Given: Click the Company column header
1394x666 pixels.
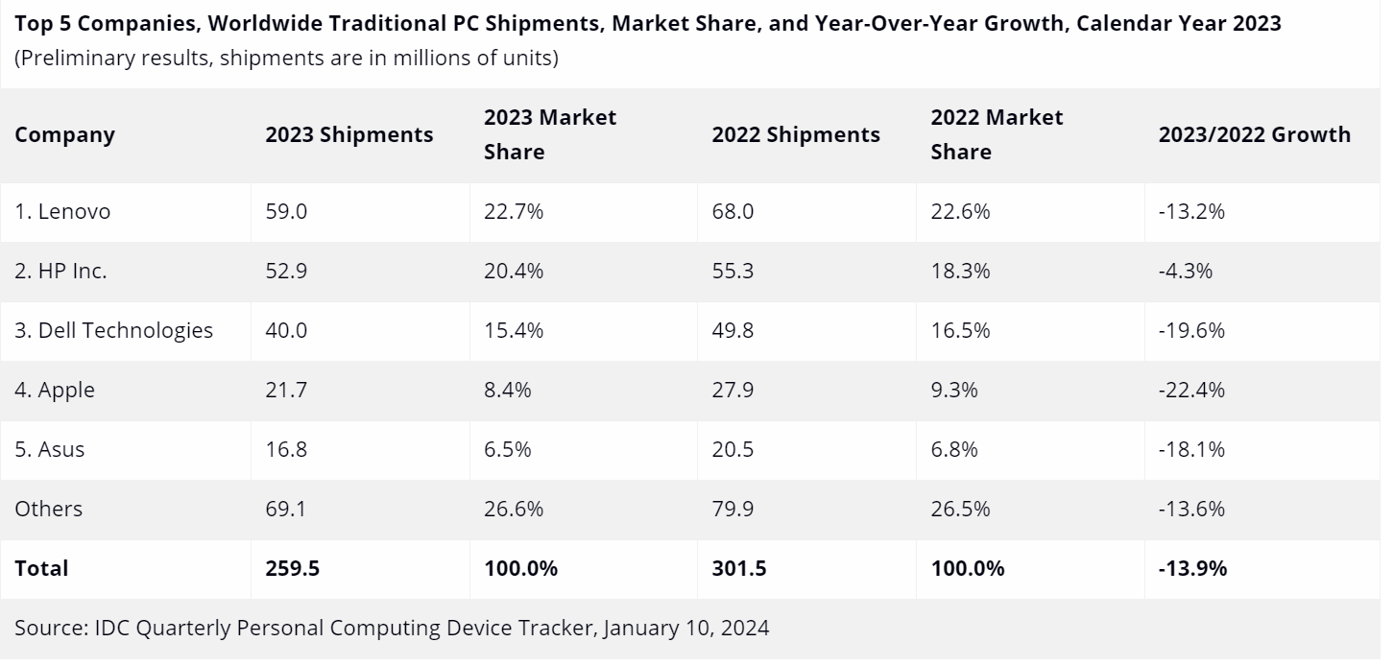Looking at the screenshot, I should pos(64,135).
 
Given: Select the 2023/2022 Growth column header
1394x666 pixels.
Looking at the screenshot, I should pos(1254,135).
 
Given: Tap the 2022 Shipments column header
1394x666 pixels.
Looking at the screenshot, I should pos(795,135).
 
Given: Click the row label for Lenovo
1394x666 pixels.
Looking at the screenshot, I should pos(62,212).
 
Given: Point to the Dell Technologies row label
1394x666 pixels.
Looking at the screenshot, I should pos(113,331).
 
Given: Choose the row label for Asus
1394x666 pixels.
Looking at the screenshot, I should pos(49,450).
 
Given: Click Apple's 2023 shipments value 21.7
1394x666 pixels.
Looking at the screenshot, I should pos(286,391).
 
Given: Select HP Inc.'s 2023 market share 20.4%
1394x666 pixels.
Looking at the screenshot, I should pos(513,272).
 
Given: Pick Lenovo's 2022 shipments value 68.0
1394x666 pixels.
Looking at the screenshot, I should pos(733,212).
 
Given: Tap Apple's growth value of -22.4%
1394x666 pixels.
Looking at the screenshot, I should pos(1191,391).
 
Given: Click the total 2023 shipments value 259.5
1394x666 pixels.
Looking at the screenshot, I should pos(292,569).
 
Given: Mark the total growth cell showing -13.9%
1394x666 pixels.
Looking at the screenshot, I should pos(1192,569).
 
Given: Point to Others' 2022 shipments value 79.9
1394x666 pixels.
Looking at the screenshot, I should pos(733,510).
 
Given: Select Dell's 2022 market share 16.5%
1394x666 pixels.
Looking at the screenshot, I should pos(960,331).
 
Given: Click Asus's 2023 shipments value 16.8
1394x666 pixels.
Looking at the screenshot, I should pos(286,450).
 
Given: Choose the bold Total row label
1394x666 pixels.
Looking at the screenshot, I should pos(41,569).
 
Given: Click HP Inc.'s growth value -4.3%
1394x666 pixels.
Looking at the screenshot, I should pos(1186,272).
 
